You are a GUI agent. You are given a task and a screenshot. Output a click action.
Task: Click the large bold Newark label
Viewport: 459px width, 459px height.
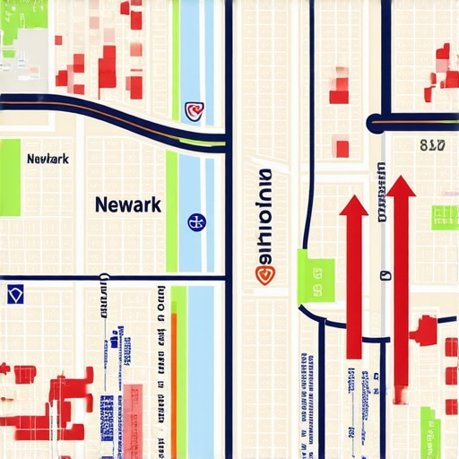tap(127, 204)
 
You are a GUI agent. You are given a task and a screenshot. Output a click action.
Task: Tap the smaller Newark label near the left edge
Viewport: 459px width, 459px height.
tap(48, 159)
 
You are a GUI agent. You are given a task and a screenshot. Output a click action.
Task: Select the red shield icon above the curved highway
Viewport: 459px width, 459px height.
tap(194, 110)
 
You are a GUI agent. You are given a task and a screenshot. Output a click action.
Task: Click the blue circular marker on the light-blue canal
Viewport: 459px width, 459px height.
tap(195, 221)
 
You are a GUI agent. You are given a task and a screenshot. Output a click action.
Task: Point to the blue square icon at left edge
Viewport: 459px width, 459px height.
tap(13, 295)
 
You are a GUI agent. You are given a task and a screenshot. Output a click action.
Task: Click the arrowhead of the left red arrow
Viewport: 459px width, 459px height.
tap(353, 206)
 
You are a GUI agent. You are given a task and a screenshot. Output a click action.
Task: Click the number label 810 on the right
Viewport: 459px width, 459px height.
tap(432, 144)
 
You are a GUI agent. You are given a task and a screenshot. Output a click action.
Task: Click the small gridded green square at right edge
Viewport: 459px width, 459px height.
tap(445, 216)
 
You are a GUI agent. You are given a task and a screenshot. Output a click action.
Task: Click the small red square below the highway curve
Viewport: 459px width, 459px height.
tap(342, 148)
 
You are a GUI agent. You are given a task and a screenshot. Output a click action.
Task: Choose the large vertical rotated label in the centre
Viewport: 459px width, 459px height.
tap(264, 215)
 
